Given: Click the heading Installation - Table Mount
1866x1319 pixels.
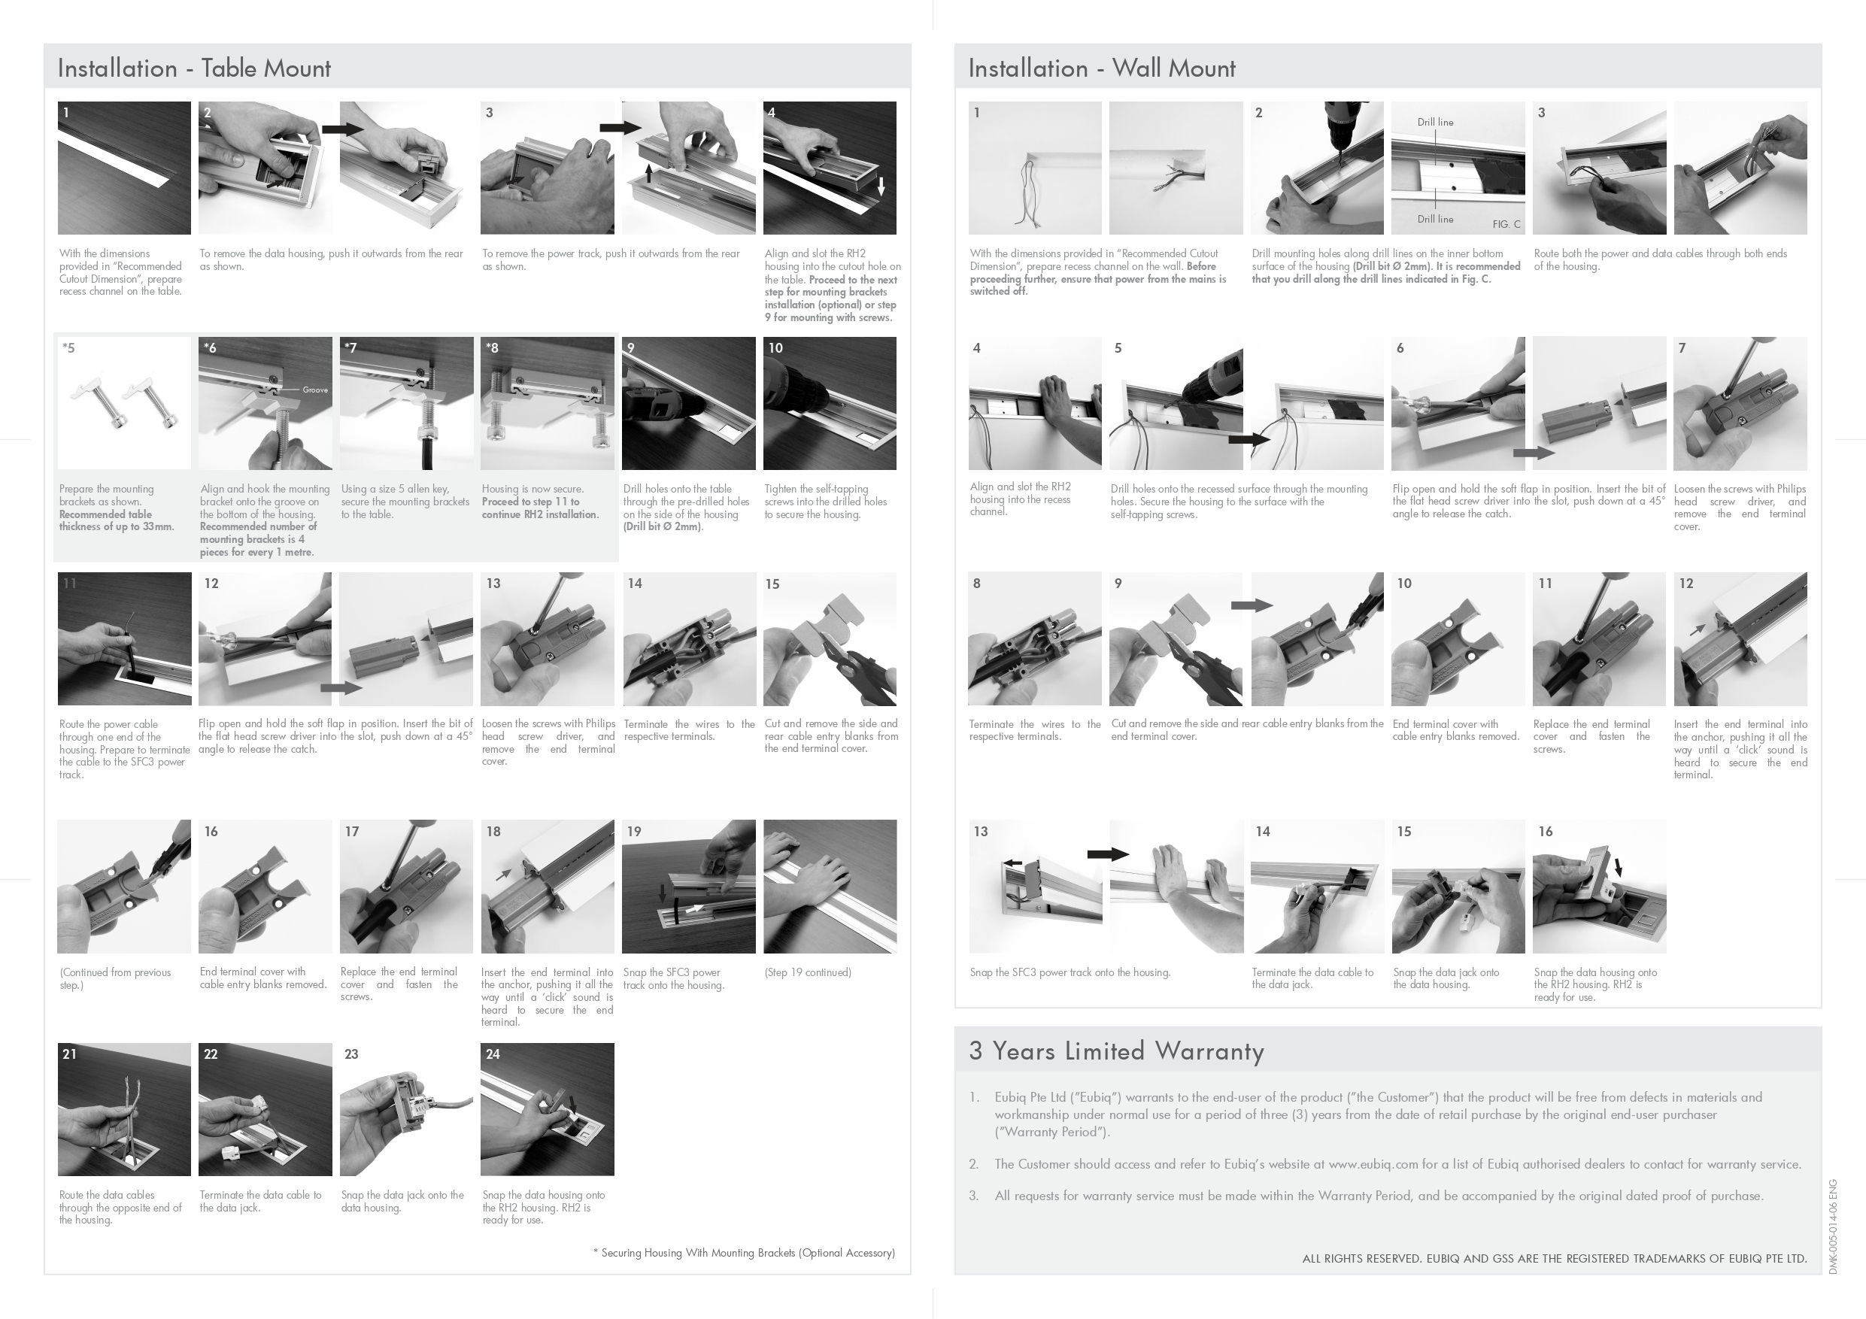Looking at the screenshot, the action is click(x=194, y=68).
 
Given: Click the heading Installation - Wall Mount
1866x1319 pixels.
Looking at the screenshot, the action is click(x=1102, y=68).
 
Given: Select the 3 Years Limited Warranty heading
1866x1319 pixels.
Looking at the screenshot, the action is click(x=1117, y=1051).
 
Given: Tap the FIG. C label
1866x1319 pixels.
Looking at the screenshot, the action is click(x=1506, y=224).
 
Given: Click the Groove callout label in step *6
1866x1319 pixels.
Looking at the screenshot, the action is click(x=315, y=390).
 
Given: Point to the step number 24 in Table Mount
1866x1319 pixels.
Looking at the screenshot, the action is click(x=493, y=1054).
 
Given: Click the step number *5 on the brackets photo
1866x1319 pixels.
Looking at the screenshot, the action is click(x=68, y=348).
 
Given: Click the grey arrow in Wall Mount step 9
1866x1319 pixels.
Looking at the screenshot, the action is click(x=1252, y=605).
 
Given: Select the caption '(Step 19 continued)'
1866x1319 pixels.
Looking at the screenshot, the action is click(x=808, y=972).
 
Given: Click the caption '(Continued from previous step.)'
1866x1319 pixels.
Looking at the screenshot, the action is click(x=115, y=978).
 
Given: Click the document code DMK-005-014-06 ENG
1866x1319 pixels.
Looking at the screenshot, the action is click(x=1833, y=1227).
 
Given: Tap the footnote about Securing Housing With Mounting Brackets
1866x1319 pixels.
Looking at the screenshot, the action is click(x=744, y=1252).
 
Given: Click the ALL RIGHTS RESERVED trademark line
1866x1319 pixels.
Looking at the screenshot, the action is click(x=1555, y=1259).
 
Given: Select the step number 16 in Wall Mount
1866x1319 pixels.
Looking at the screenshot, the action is click(x=1546, y=832).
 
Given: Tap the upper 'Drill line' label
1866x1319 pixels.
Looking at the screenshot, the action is click(x=1435, y=122).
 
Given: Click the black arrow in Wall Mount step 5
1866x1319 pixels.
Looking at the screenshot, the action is click(x=1249, y=440).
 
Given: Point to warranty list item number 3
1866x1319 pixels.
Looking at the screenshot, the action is click(x=974, y=1196).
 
